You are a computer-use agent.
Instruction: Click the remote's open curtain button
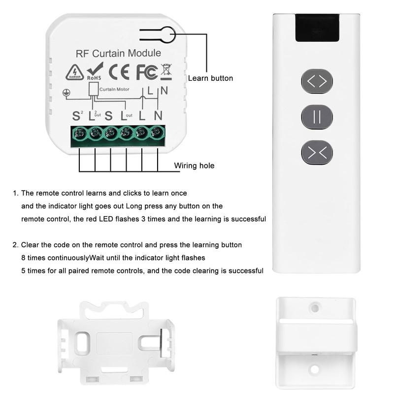pos(317,81)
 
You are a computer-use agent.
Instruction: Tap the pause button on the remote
pos(317,117)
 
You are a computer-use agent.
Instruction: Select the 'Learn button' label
pos(210,78)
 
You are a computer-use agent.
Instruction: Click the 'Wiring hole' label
pos(195,166)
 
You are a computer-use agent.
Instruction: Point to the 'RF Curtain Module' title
pos(118,53)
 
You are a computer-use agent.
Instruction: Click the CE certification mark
pos(119,71)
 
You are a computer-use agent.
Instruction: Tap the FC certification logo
pos(146,71)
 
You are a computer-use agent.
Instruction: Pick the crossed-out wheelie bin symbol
pos(166,70)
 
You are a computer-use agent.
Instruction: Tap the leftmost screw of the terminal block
pos(79,133)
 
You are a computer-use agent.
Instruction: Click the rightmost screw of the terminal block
pos(157,132)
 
